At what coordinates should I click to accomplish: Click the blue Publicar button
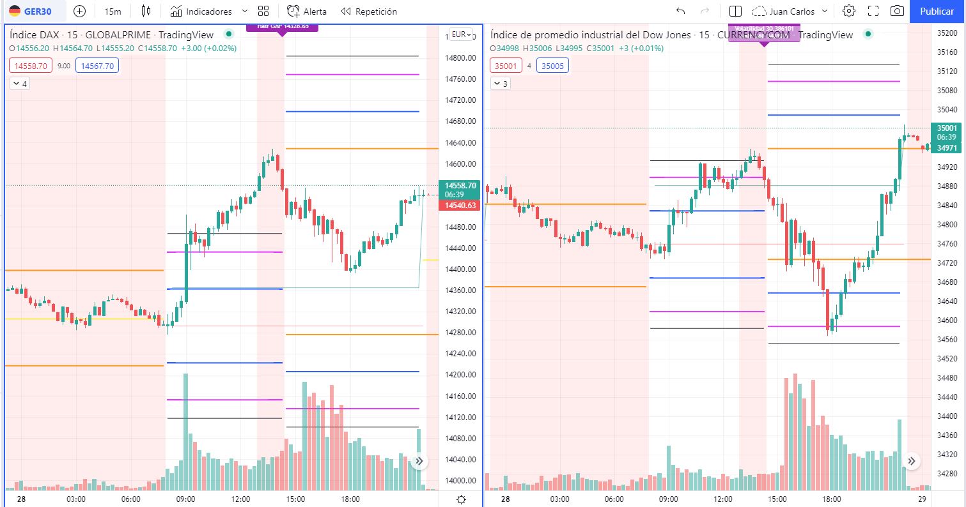click(x=937, y=11)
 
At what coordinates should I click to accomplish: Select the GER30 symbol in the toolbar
click(x=33, y=11)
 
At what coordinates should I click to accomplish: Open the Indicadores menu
click(x=208, y=11)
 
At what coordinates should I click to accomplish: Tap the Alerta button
click(x=307, y=11)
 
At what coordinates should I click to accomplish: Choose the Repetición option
click(x=369, y=11)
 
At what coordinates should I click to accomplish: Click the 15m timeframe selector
click(x=113, y=11)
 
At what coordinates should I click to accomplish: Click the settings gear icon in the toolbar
click(x=848, y=11)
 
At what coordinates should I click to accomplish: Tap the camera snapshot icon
click(x=898, y=11)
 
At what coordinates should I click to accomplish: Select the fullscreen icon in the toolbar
click(x=873, y=11)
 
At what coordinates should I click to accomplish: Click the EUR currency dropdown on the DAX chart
click(x=460, y=34)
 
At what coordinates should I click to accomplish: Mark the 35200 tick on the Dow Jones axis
click(x=947, y=33)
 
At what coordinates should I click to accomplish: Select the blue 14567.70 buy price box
click(x=97, y=65)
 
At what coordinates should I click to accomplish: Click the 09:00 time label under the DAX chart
click(x=185, y=499)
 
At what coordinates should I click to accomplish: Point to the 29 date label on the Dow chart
click(x=923, y=499)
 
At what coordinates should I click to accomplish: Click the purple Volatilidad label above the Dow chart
click(x=763, y=29)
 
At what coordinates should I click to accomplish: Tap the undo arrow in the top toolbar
click(x=680, y=11)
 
